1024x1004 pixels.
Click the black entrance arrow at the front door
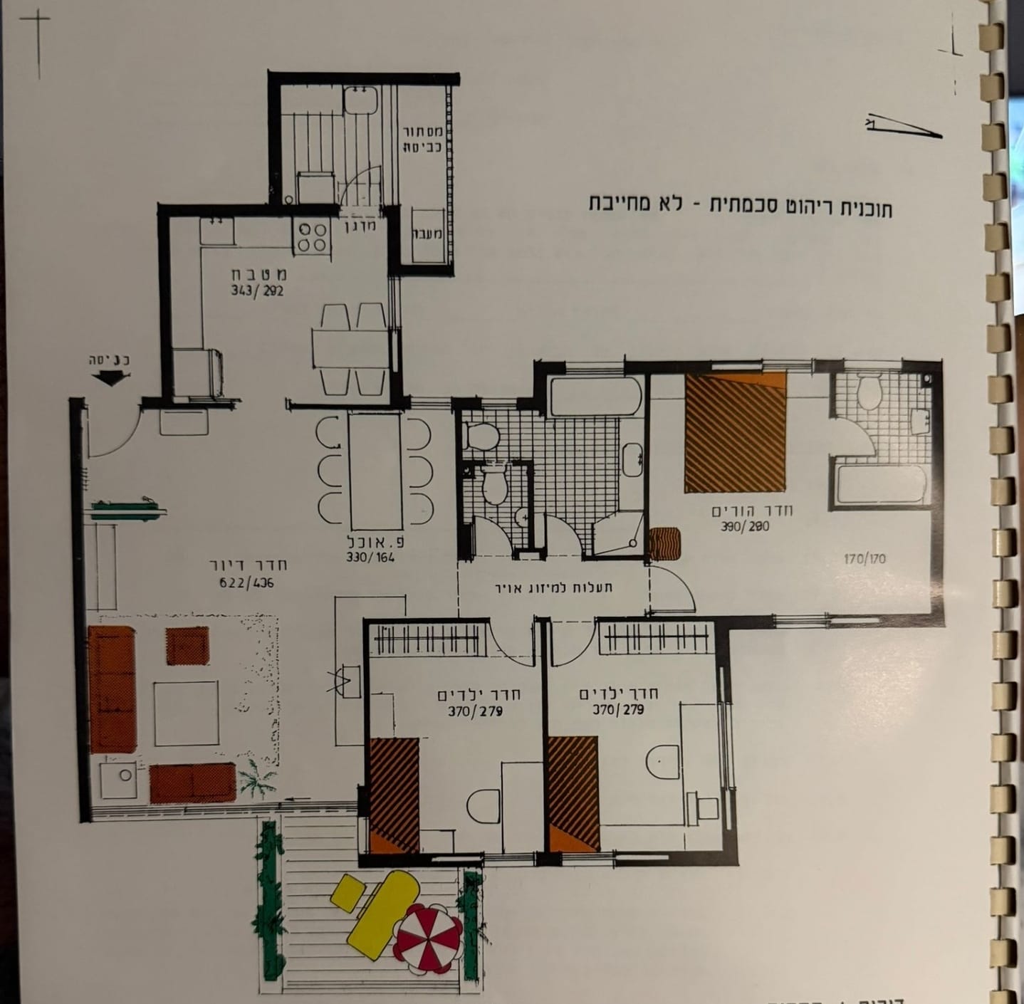tap(108, 379)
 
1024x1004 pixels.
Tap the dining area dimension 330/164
tap(370, 558)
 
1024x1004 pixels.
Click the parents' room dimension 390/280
tap(746, 527)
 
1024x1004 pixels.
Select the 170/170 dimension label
tap(864, 559)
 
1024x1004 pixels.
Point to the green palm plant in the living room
tap(254, 778)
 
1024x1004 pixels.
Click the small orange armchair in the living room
tap(187, 646)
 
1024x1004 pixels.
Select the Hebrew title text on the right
tap(740, 206)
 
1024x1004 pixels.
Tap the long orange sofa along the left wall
tap(112, 689)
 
